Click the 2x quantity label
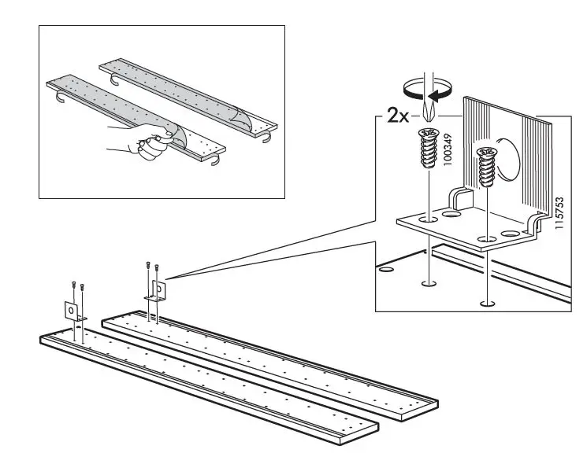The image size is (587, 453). (x=398, y=116)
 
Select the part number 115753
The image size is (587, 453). (x=559, y=212)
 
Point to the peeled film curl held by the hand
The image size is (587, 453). (x=175, y=131)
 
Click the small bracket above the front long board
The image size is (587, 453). (x=72, y=312)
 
